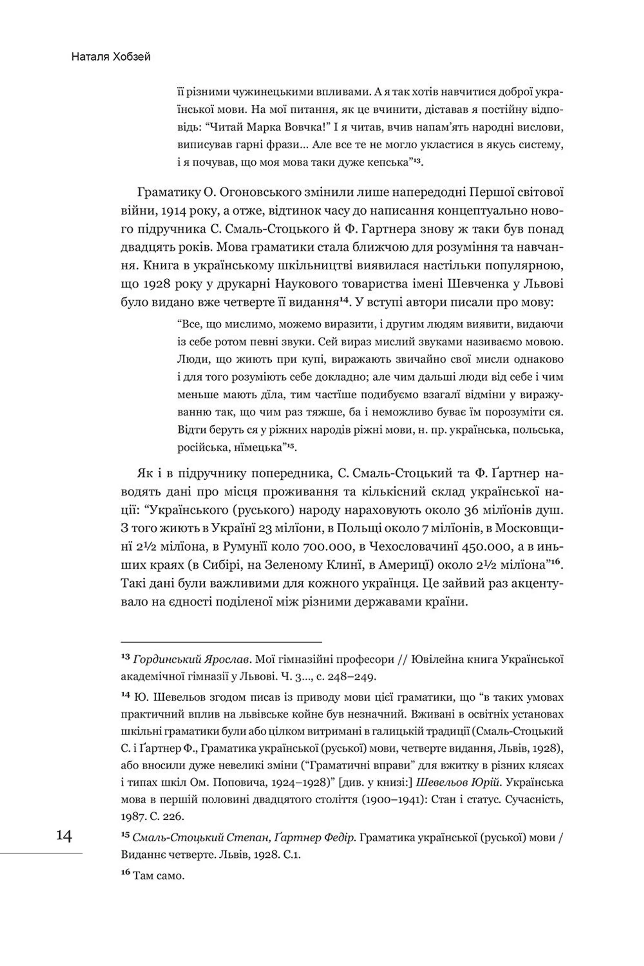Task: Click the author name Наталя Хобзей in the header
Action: [x=111, y=57]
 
